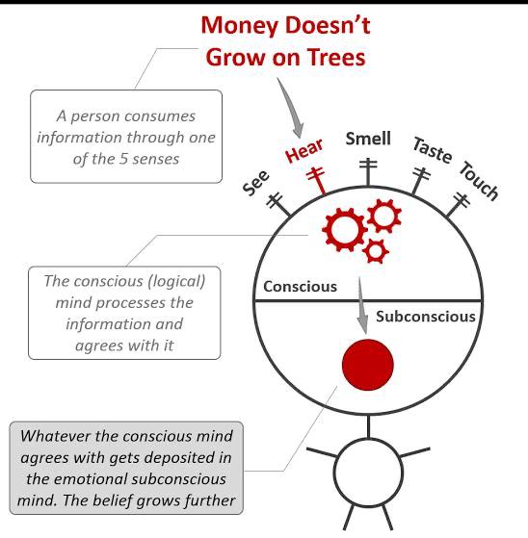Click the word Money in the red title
click(x=240, y=26)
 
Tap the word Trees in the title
click(x=336, y=58)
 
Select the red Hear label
click(x=304, y=150)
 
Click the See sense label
click(x=256, y=183)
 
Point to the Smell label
click(x=368, y=139)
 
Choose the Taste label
click(x=433, y=150)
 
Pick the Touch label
click(x=479, y=180)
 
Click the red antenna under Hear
click(x=317, y=181)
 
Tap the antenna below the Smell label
click(x=368, y=172)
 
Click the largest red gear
click(x=344, y=230)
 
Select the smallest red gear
click(x=376, y=251)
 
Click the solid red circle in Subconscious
click(x=367, y=365)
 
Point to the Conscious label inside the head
click(x=300, y=287)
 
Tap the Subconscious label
click(x=425, y=317)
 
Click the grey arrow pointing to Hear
click(x=291, y=107)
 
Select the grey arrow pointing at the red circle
click(x=361, y=305)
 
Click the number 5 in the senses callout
click(x=123, y=159)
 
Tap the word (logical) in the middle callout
click(x=176, y=282)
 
